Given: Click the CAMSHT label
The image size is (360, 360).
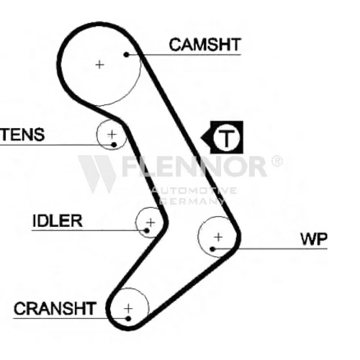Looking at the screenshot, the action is tap(204, 45).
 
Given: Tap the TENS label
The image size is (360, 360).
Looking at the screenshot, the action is tap(22, 135).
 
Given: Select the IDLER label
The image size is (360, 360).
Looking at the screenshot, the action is tap(58, 221).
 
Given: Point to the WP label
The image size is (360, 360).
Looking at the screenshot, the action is tap(314, 239).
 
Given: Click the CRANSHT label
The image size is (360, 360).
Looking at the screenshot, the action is tap(55, 309).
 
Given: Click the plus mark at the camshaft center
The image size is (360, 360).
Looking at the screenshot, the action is tap(99, 65).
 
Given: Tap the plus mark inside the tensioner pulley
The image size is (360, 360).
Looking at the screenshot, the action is tap(112, 135).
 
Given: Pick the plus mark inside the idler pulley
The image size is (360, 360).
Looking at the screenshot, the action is tap(150, 222).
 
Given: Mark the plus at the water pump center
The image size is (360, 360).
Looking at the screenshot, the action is tap(218, 237).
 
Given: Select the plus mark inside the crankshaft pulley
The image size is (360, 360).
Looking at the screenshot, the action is tap(128, 308).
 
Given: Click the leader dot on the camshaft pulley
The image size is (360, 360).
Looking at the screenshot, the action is tap(126, 55).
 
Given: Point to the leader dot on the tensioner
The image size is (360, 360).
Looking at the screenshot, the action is tap(114, 145).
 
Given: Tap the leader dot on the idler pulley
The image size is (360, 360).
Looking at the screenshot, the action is tap(147, 230).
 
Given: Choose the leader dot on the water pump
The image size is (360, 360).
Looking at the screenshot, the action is tap(212, 249).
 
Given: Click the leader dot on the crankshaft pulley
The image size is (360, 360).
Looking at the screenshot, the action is tap(128, 319).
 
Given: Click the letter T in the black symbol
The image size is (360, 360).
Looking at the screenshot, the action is tap(226, 138).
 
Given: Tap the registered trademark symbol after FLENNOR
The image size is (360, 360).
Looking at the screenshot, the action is tap(277, 161).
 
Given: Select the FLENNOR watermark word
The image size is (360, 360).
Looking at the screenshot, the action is tap(195, 166).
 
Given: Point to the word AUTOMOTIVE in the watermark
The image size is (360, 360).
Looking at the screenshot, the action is tap(194, 191).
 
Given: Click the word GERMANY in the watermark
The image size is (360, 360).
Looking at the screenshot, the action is tap(192, 201).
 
